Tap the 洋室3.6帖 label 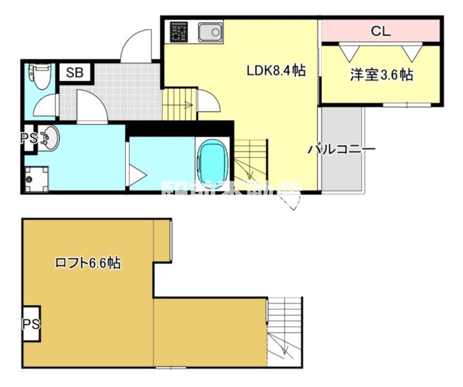click(x=381, y=75)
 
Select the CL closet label click(x=381, y=31)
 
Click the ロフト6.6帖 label click(x=88, y=263)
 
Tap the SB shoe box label click(x=75, y=72)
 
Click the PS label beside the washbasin click(x=28, y=139)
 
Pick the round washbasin click(x=48, y=137)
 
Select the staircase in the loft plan click(x=284, y=335)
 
